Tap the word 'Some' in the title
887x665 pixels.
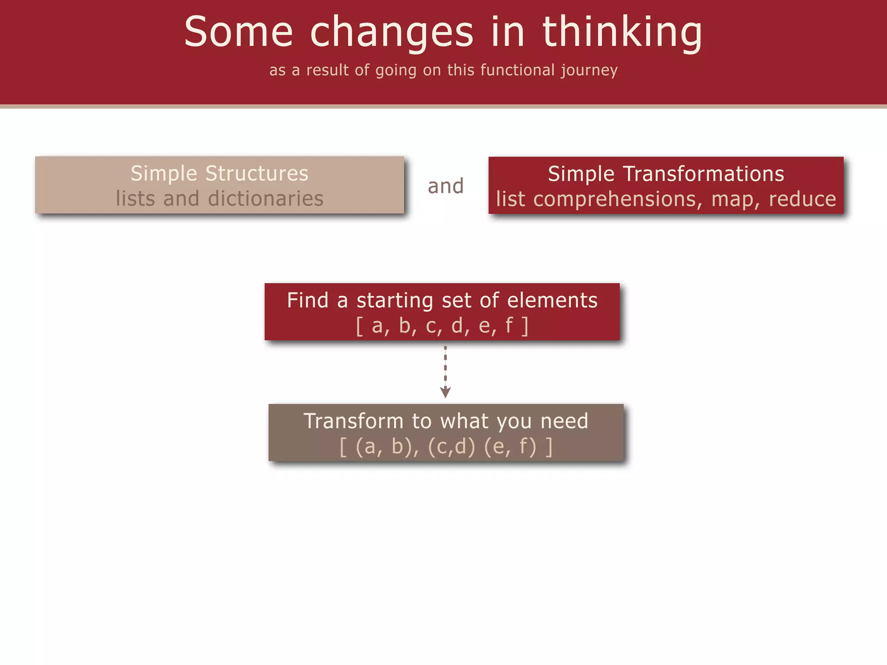click(239, 32)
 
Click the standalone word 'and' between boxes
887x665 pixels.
click(446, 186)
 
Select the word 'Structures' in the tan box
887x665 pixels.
click(256, 174)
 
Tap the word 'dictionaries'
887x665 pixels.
click(265, 199)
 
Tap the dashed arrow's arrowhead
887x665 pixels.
click(445, 392)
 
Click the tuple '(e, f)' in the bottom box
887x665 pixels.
click(510, 446)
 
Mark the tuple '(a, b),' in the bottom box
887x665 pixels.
click(387, 446)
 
